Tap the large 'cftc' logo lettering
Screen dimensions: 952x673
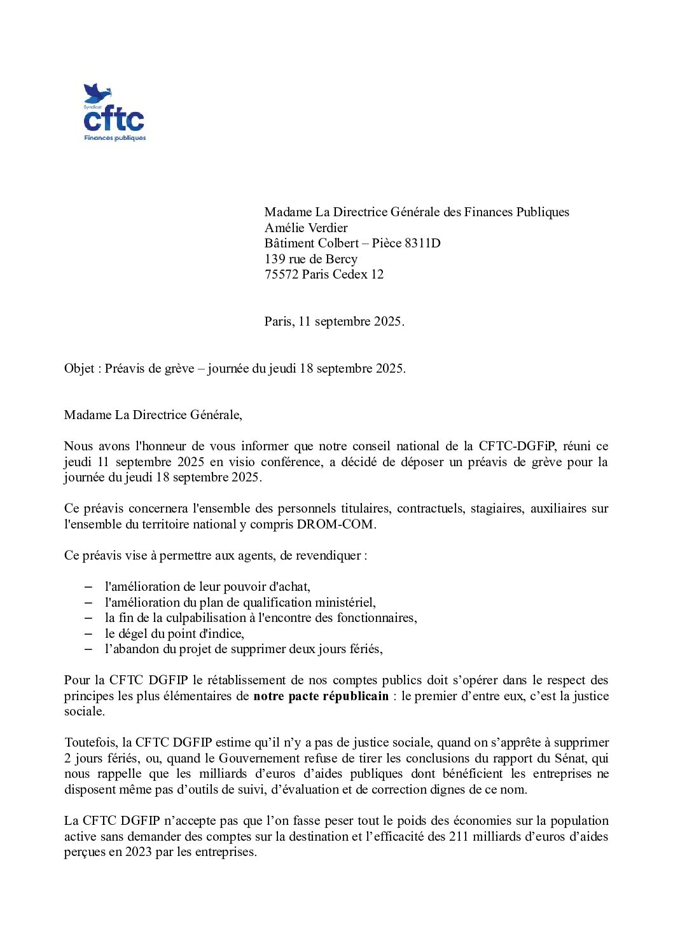[x=114, y=120]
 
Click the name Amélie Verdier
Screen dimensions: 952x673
[x=306, y=228]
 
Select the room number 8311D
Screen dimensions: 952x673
[x=422, y=243]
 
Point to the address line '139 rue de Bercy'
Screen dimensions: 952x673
[x=311, y=259]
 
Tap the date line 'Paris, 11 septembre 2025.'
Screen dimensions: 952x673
[x=334, y=321]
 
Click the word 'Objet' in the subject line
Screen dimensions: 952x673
[x=79, y=369]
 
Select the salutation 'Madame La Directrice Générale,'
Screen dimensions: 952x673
[x=153, y=415]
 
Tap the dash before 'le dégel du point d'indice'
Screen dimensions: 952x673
[x=89, y=633]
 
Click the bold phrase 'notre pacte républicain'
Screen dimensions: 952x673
[x=321, y=696]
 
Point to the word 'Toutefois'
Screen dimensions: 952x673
[x=90, y=743]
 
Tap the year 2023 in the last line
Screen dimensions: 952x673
[x=138, y=852]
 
